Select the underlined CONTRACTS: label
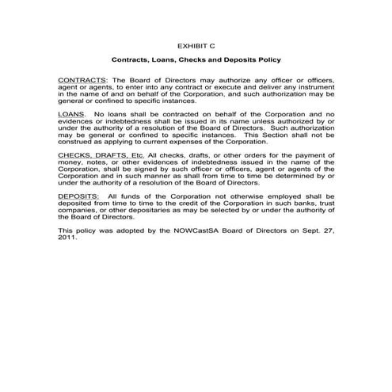pos(82,81)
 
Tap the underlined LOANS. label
pos(73,115)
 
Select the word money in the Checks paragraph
pos(71,162)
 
